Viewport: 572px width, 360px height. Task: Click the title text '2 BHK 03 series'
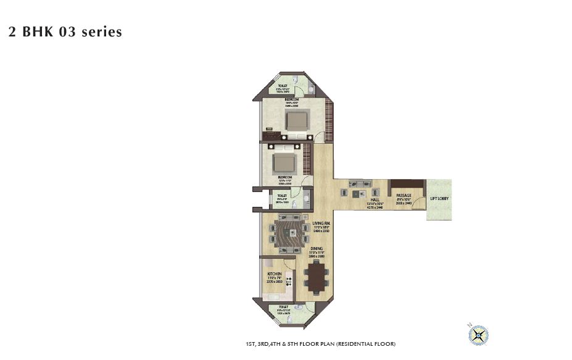65,32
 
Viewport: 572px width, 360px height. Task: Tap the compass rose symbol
478,335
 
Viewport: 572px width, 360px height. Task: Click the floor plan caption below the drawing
317,344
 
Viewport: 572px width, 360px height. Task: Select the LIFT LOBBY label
439,198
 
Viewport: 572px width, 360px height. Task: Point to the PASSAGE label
404,196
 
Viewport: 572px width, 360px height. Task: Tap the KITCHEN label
275,274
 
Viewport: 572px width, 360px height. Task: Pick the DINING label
317,249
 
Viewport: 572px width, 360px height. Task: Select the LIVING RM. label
321,224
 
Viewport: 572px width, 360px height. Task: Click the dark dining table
317,277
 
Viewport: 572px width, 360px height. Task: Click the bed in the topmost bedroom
297,121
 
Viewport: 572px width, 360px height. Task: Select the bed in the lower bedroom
284,162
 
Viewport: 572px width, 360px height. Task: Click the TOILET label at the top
282,86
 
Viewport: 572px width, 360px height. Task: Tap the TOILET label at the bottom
283,306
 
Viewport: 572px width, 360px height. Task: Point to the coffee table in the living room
289,233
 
